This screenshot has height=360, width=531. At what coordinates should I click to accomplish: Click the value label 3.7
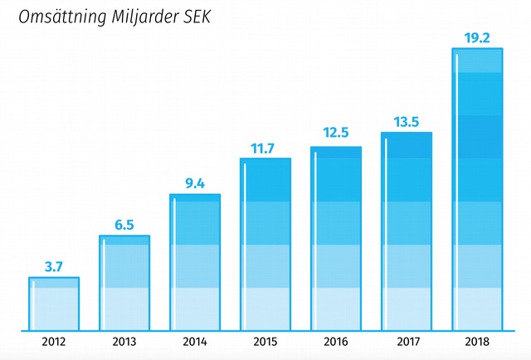coord(54,266)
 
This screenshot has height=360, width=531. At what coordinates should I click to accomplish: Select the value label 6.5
coord(124,225)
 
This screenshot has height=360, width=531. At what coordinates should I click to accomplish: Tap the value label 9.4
coord(195,184)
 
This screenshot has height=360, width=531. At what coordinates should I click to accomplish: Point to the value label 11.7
coord(265,148)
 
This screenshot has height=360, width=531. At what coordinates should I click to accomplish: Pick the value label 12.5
coord(336,133)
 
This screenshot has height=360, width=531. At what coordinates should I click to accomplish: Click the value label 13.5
coord(407,121)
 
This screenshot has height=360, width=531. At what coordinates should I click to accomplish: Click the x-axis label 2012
coord(54,341)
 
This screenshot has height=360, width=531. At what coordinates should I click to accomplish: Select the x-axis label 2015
coord(265,341)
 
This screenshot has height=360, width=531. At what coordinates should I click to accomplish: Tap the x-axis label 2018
coord(478,341)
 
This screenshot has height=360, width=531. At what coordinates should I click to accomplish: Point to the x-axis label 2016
coord(336,341)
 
